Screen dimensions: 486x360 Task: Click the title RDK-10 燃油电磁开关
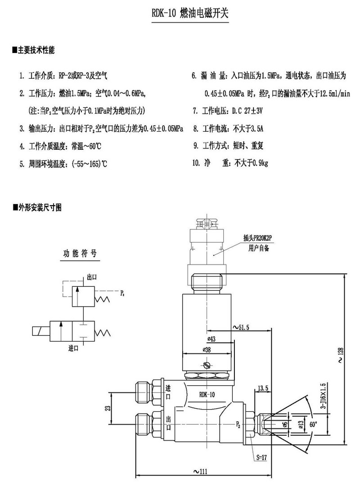click(190, 14)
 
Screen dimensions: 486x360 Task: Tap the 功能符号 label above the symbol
click(79, 253)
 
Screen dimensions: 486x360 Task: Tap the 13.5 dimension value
click(263, 388)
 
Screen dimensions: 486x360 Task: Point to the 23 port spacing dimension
click(107, 408)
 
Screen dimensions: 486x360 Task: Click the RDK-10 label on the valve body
click(207, 394)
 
